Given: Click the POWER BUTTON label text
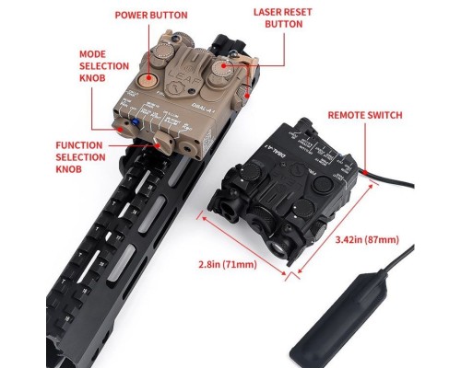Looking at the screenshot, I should tap(150, 16).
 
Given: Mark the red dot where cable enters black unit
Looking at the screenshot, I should tap(366, 172).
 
